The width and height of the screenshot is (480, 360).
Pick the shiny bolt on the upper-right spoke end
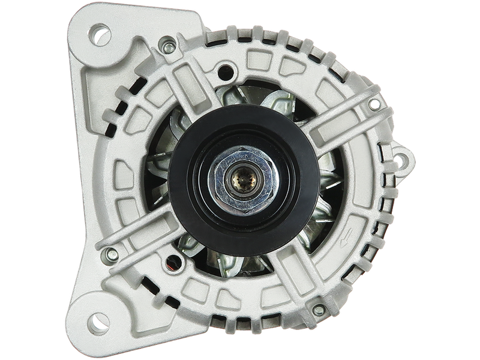(374, 104)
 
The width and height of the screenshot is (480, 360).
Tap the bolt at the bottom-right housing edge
(319, 310)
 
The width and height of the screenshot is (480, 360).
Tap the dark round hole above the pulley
(226, 70)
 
